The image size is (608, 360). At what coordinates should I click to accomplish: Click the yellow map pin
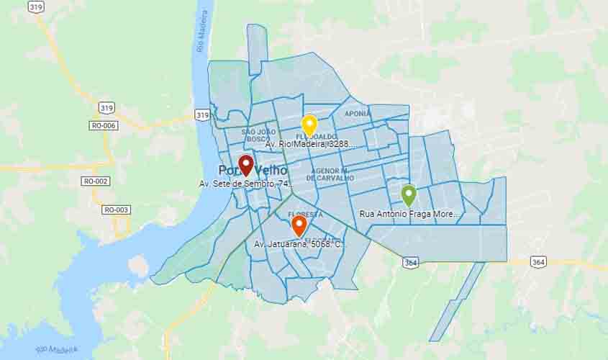[309, 125]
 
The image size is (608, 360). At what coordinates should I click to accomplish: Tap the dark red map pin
[245, 165]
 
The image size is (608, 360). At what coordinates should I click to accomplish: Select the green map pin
[409, 195]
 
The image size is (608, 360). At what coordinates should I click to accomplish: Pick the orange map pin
[299, 226]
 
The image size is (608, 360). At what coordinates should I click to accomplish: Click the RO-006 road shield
[104, 125]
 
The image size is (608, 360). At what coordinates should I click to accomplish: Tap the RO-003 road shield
[116, 210]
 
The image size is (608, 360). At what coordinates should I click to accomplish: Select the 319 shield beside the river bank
[202, 115]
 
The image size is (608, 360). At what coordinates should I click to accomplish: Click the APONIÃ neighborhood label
[358, 114]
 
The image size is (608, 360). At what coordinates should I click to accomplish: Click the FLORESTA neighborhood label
[305, 215]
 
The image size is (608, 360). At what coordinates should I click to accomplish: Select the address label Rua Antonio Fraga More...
[408, 214]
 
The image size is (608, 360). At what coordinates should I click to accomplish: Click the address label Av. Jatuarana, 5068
[299, 245]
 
